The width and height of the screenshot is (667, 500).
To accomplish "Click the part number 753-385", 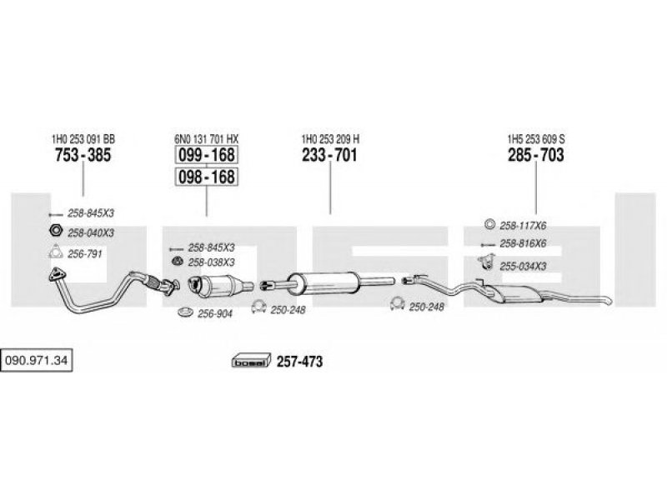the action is coord(83,155).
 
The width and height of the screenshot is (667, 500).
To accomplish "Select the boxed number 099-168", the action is coord(206,155).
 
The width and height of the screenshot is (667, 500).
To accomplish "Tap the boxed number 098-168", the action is coord(206,177).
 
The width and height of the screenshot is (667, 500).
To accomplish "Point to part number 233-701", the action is coord(329,155).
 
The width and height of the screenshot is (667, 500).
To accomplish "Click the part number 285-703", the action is coord(536,155).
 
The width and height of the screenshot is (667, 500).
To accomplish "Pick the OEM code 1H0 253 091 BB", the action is coord(83,139).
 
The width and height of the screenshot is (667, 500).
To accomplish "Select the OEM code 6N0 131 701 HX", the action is coord(206,139).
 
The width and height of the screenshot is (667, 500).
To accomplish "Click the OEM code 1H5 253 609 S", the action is coord(536,139).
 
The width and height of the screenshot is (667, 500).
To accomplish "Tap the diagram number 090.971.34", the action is coord(36,361).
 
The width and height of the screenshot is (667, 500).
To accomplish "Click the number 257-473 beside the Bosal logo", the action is coord(300,362).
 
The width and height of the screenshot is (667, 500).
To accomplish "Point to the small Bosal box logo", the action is coord(251,361).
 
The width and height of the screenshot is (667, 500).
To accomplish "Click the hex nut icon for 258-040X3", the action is coord(56,231).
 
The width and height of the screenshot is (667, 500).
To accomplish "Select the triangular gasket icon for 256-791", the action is coord(56,252).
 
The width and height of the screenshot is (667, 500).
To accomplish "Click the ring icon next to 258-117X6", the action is coord(489,224).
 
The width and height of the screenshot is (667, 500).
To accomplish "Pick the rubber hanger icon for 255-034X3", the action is coord(486,262).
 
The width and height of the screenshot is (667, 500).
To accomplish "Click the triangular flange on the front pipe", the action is coord(57,275).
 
